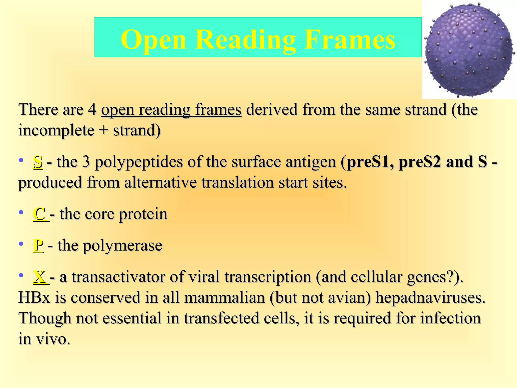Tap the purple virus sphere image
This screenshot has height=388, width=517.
click(469, 50)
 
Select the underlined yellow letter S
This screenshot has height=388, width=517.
click(38, 162)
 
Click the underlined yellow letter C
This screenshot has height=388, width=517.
click(39, 214)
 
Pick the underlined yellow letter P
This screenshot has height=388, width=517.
click(38, 245)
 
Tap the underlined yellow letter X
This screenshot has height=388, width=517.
click(40, 277)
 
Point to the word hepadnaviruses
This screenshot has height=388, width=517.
click(430, 298)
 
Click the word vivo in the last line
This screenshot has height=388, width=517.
click(53, 339)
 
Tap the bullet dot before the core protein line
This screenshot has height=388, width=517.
click(21, 212)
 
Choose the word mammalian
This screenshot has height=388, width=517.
click(224, 298)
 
